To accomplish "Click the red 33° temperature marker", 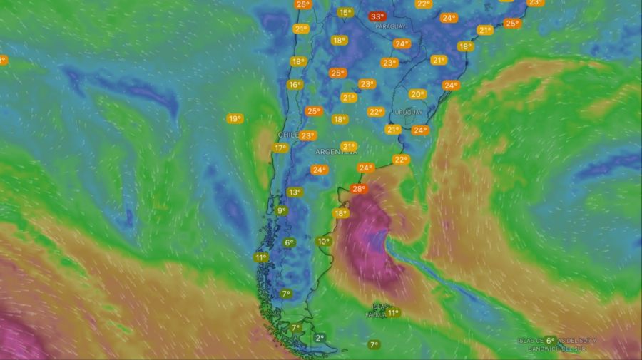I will [377, 16].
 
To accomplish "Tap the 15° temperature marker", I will [345, 12].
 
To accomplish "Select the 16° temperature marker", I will [295, 85].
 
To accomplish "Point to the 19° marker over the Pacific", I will [235, 119].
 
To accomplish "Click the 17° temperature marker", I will [280, 148].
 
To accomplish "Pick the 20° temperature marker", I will [417, 94].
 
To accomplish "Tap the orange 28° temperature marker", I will [358, 190].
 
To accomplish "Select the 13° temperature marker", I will [295, 192].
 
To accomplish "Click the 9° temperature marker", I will [282, 211].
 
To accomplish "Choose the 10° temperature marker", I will [324, 242].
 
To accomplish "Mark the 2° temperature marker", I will [319, 338].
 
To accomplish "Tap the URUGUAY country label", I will [409, 113].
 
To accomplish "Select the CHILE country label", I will [287, 134].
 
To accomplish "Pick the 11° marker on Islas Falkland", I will [393, 312].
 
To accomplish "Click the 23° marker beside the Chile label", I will [307, 135].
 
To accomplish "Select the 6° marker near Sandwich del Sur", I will [550, 340].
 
